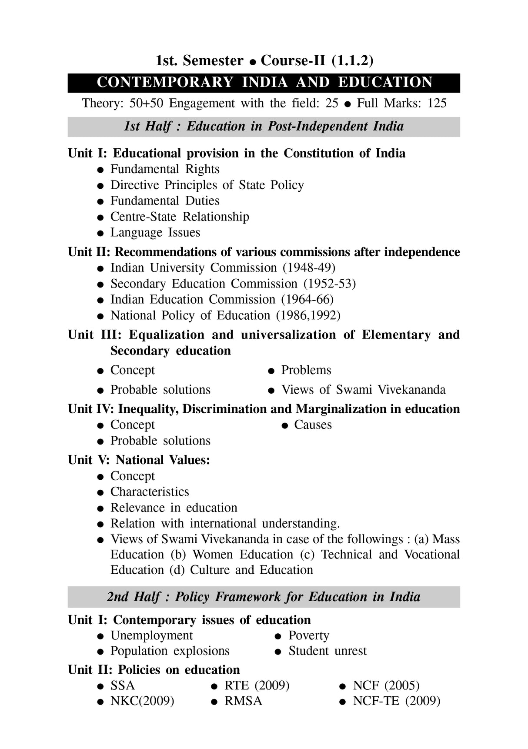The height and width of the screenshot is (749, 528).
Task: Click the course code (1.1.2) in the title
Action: (352, 60)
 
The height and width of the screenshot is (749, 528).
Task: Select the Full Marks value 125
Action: (437, 103)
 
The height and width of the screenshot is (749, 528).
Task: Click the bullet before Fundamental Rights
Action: (100, 170)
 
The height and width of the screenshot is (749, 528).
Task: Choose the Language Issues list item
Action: (155, 232)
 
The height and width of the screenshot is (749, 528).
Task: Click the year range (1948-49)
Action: (309, 267)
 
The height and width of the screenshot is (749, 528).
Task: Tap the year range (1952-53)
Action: (329, 284)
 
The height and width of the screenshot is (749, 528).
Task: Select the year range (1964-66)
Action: (307, 299)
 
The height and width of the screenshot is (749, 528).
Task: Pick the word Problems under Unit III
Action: (306, 370)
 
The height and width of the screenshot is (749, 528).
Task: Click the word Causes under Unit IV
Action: (313, 425)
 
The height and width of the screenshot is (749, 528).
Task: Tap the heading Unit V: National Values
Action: (139, 460)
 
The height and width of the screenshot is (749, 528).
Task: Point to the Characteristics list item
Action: (150, 492)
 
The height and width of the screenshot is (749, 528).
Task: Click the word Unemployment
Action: (151, 635)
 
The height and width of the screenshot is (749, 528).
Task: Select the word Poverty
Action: (308, 635)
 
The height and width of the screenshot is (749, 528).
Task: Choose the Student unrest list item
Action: (327, 651)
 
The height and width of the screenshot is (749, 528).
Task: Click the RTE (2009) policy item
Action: (257, 685)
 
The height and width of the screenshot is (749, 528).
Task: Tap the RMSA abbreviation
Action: (243, 701)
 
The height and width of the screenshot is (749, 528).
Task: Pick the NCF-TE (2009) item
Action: (396, 701)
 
